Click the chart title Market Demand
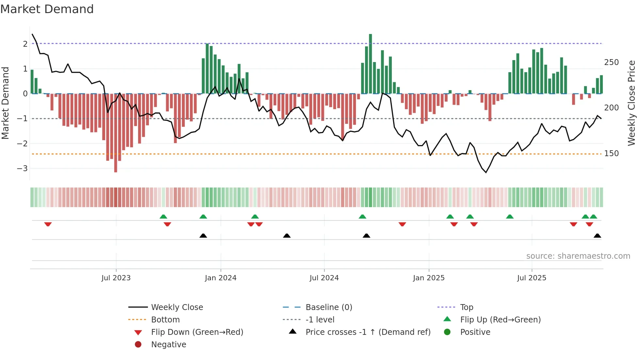point(47,9)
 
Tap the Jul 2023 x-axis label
point(116,278)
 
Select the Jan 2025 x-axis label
point(428,278)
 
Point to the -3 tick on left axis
point(23,169)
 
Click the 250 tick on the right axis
point(611,62)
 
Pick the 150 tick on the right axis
point(611,154)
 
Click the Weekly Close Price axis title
point(632,103)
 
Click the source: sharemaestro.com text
point(578,256)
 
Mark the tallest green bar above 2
point(370,64)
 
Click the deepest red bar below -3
point(116,133)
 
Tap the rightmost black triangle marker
point(597,236)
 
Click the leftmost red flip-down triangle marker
point(48,224)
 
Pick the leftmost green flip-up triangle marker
point(163,217)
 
